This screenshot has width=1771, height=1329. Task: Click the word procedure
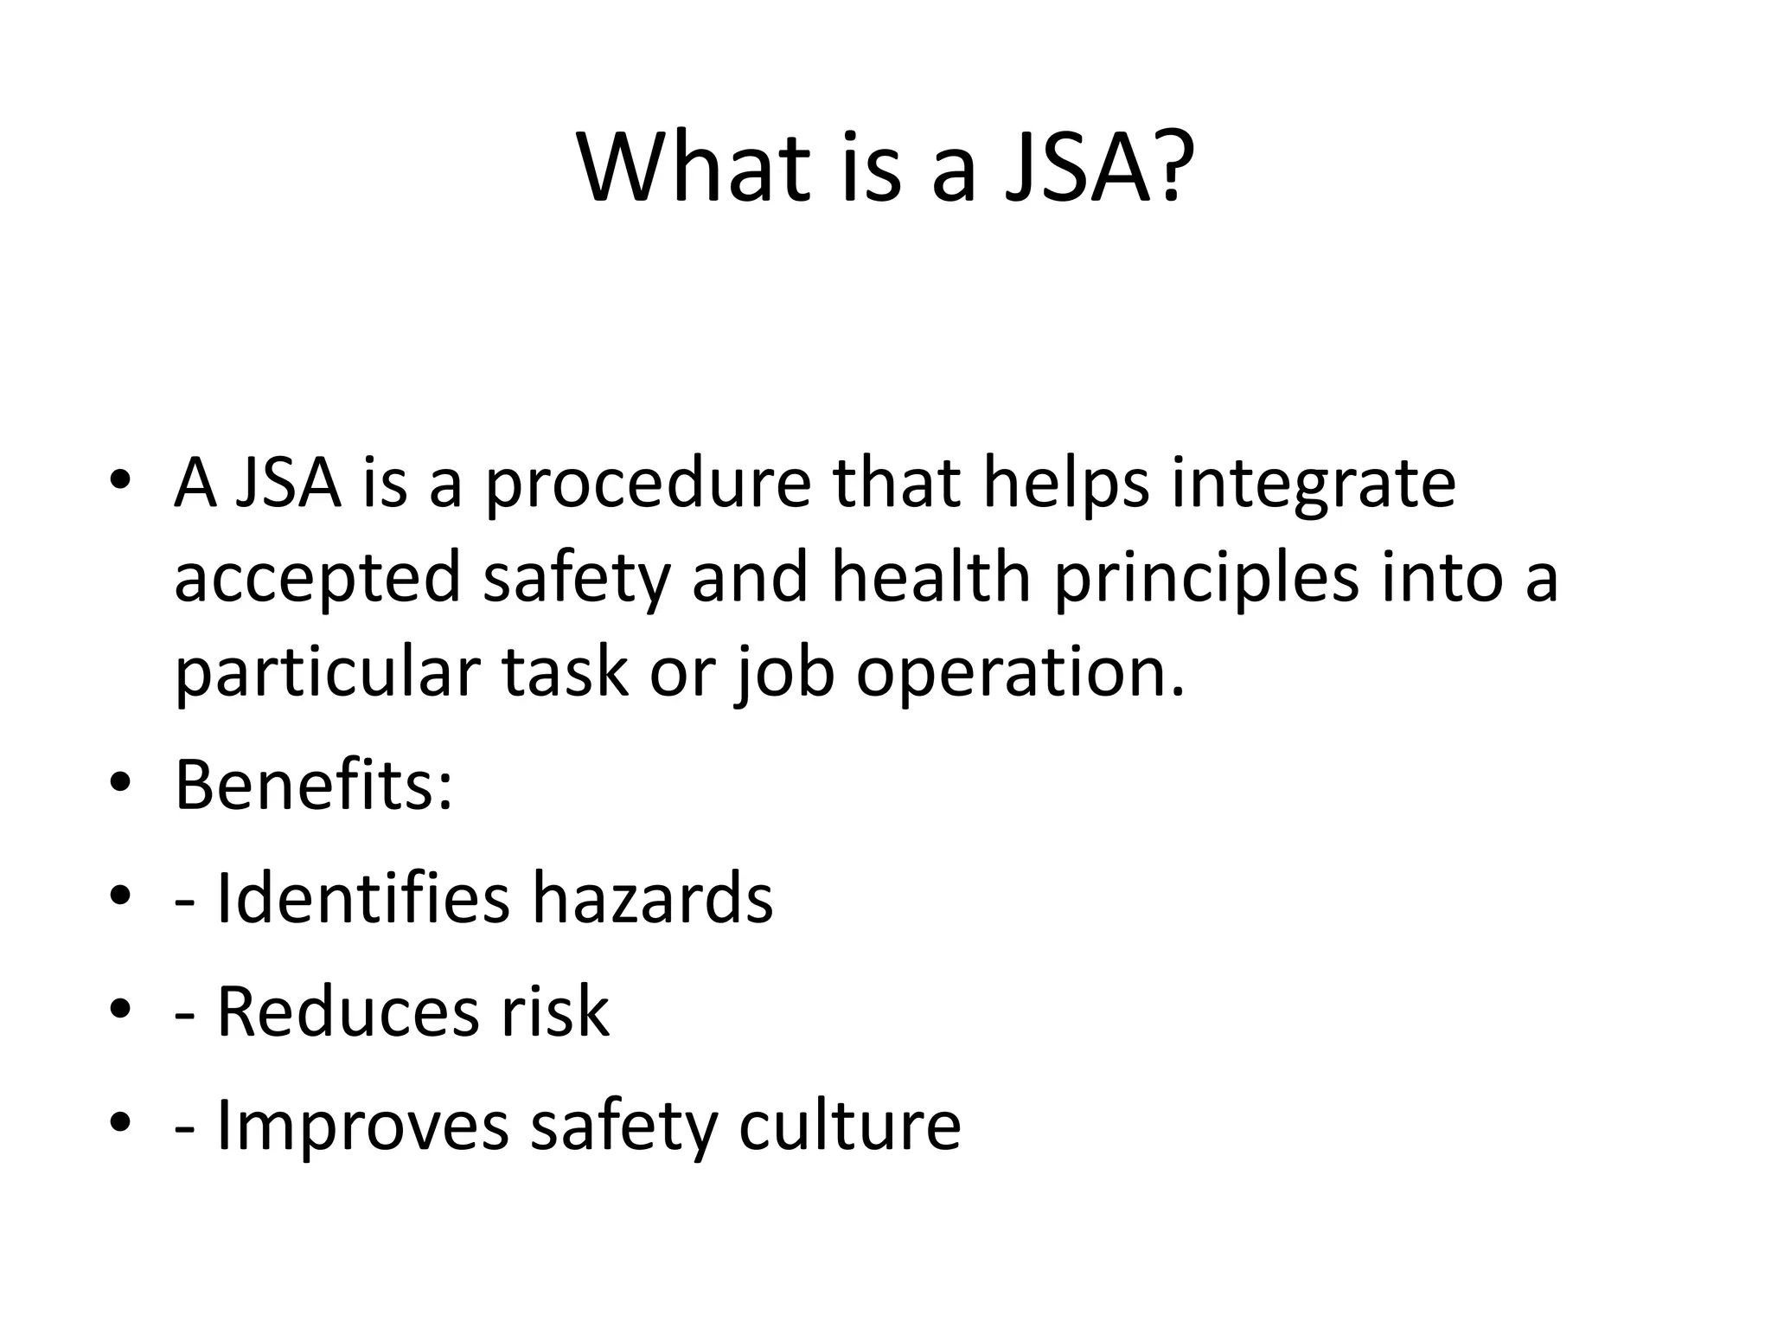(648, 485)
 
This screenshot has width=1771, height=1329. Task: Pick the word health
(930, 577)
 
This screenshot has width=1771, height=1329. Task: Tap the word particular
(327, 672)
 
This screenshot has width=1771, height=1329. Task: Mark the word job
(784, 674)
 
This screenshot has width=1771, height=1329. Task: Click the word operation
(1020, 674)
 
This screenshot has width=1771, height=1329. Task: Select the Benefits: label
(313, 785)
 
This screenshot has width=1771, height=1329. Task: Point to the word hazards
(652, 898)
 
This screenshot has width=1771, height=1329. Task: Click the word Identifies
(362, 898)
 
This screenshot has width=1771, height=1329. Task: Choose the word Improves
(362, 1126)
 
